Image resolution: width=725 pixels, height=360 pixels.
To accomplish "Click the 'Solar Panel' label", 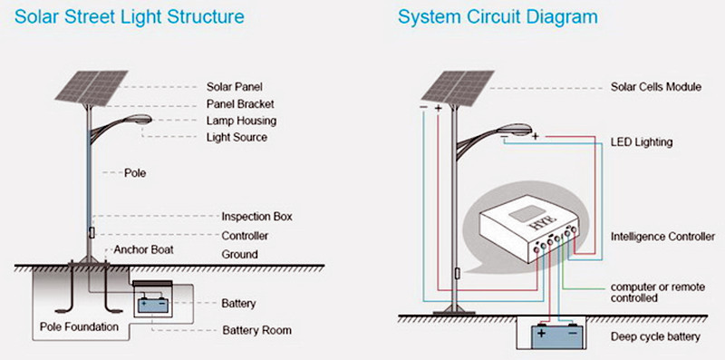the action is tap(235, 86).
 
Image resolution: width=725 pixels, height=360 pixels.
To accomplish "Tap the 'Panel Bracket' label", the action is tap(240, 103).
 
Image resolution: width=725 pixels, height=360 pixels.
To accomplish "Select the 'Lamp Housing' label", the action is tap(241, 121).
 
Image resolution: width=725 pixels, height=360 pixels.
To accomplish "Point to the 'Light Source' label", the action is tap(237, 138).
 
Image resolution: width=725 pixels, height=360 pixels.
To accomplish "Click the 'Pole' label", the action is tap(135, 173).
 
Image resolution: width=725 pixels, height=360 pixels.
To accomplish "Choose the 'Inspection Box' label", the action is tap(256, 217).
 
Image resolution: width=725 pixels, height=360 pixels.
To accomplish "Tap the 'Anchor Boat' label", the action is tap(144, 250).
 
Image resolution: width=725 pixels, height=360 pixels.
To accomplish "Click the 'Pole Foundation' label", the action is tap(79, 326).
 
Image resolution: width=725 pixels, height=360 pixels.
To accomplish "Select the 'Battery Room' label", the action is tap(256, 330).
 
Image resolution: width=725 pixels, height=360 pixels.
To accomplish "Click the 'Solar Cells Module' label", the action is tap(655, 87).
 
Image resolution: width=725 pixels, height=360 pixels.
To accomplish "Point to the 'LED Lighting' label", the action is tap(642, 141).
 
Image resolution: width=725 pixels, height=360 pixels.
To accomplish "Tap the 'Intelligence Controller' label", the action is tap(662, 237).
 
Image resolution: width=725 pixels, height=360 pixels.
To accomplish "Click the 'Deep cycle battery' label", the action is tap(655, 336).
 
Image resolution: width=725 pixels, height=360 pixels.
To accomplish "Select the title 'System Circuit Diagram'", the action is tap(498, 17).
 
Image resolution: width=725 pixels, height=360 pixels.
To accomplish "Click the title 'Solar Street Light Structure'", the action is tap(130, 16).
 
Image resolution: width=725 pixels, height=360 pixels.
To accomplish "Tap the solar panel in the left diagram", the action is tap(92, 87).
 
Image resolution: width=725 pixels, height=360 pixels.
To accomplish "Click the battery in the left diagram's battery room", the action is tap(152, 306).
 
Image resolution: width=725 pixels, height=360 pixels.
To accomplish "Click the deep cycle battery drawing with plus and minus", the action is tap(557, 336).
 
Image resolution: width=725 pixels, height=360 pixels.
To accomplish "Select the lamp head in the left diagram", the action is tap(138, 120).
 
